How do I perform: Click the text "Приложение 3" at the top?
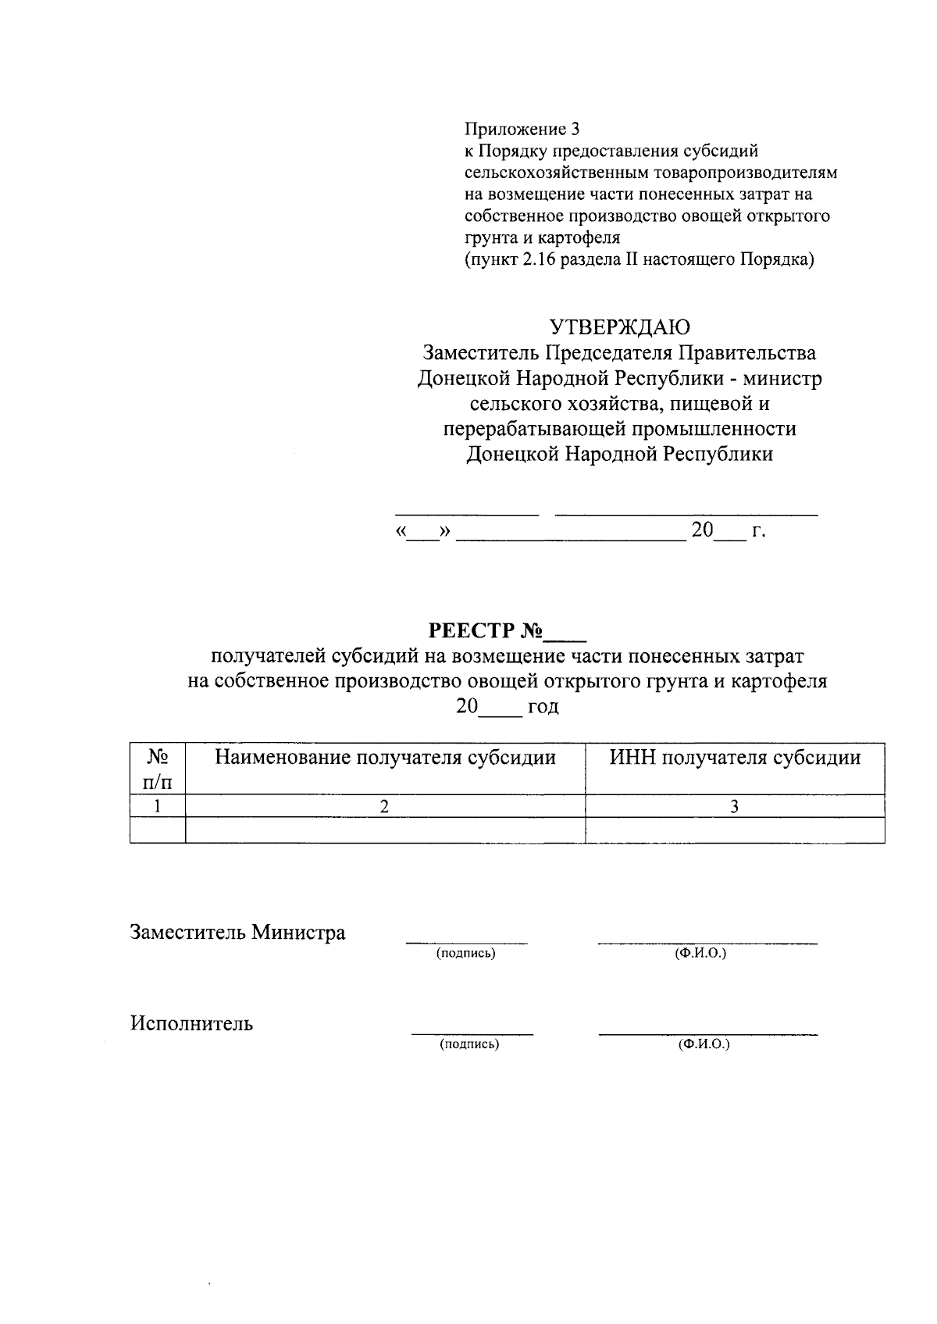tap(523, 128)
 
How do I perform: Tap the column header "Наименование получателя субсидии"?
tap(385, 757)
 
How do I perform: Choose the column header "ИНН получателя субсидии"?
tap(735, 757)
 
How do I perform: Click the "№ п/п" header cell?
tap(158, 768)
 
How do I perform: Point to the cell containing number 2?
tap(385, 806)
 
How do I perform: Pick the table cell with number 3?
tap(734, 806)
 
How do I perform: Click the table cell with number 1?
tap(158, 806)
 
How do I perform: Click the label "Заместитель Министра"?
tap(237, 932)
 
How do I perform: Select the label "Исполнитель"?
tap(191, 1023)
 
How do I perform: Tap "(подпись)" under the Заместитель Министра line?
tap(466, 954)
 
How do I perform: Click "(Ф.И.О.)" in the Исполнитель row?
tap(704, 1044)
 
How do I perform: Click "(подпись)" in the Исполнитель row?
tap(469, 1044)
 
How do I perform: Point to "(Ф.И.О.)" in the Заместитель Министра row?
tap(700, 954)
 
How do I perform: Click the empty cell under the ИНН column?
tap(734, 830)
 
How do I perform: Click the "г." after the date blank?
tap(758, 531)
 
